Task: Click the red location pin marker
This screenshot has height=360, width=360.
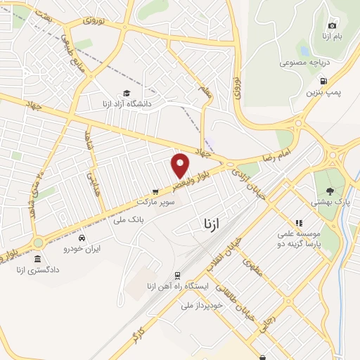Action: pos(181,165)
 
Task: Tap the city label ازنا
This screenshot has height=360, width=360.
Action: pos(211,224)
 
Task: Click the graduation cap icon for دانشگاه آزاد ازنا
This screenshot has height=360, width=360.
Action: pos(126,93)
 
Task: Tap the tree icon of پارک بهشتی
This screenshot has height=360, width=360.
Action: pos(330,191)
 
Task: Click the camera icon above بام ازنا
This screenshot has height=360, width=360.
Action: pos(333,25)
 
